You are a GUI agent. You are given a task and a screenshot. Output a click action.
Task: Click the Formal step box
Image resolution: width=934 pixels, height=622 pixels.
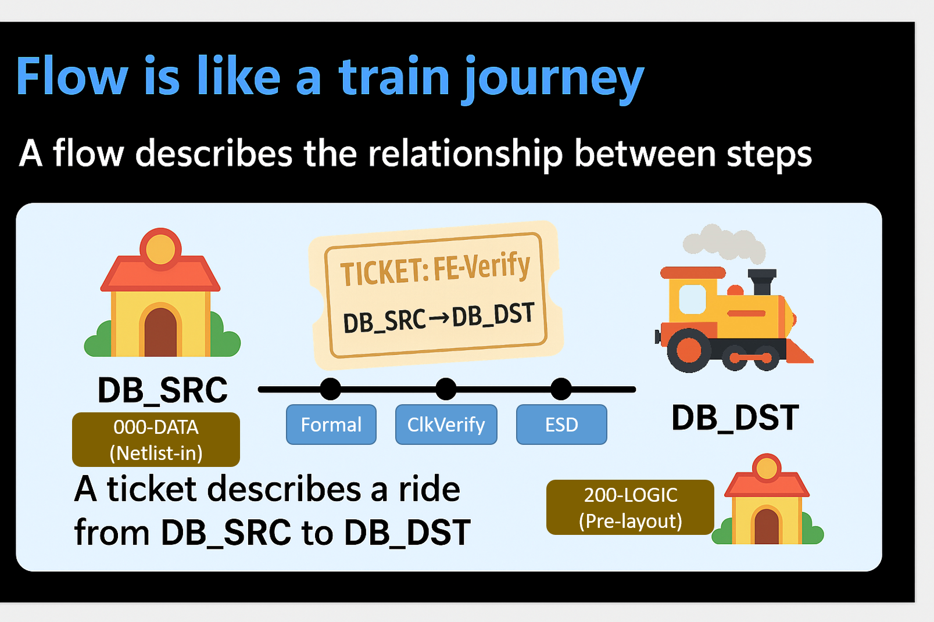coord(331,425)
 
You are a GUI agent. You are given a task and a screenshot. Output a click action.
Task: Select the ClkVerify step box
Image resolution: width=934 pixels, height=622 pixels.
coord(446,425)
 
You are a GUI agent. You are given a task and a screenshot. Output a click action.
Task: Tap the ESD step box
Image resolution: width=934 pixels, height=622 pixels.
coord(561,425)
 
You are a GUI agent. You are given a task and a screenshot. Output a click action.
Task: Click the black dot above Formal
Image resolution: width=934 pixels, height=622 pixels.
coord(331,389)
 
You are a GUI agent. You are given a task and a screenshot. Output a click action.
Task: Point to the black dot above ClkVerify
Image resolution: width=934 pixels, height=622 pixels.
coord(446,389)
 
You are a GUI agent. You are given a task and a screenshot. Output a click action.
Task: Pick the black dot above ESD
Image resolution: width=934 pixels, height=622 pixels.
coord(561,389)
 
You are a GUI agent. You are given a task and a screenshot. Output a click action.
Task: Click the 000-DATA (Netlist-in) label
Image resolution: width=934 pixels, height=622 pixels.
coord(156,440)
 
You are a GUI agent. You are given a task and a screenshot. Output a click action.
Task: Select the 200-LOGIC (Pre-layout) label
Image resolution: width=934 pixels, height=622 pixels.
coord(630,508)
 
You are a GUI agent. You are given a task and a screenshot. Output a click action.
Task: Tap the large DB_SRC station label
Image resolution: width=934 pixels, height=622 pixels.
coord(162,390)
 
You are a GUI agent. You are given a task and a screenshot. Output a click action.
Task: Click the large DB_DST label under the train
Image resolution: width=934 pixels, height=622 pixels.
coord(735,418)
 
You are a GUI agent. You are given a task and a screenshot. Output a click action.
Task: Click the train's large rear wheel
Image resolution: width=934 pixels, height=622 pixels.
coord(689,350)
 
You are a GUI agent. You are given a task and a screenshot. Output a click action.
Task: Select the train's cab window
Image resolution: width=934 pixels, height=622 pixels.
coord(692,299)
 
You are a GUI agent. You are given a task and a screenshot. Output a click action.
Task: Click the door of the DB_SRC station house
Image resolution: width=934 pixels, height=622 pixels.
coord(160,333)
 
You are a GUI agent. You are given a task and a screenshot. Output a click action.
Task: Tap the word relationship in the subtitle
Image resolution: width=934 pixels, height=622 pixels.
coord(466,154)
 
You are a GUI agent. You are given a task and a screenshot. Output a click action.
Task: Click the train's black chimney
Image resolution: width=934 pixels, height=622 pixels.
coord(762,283)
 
